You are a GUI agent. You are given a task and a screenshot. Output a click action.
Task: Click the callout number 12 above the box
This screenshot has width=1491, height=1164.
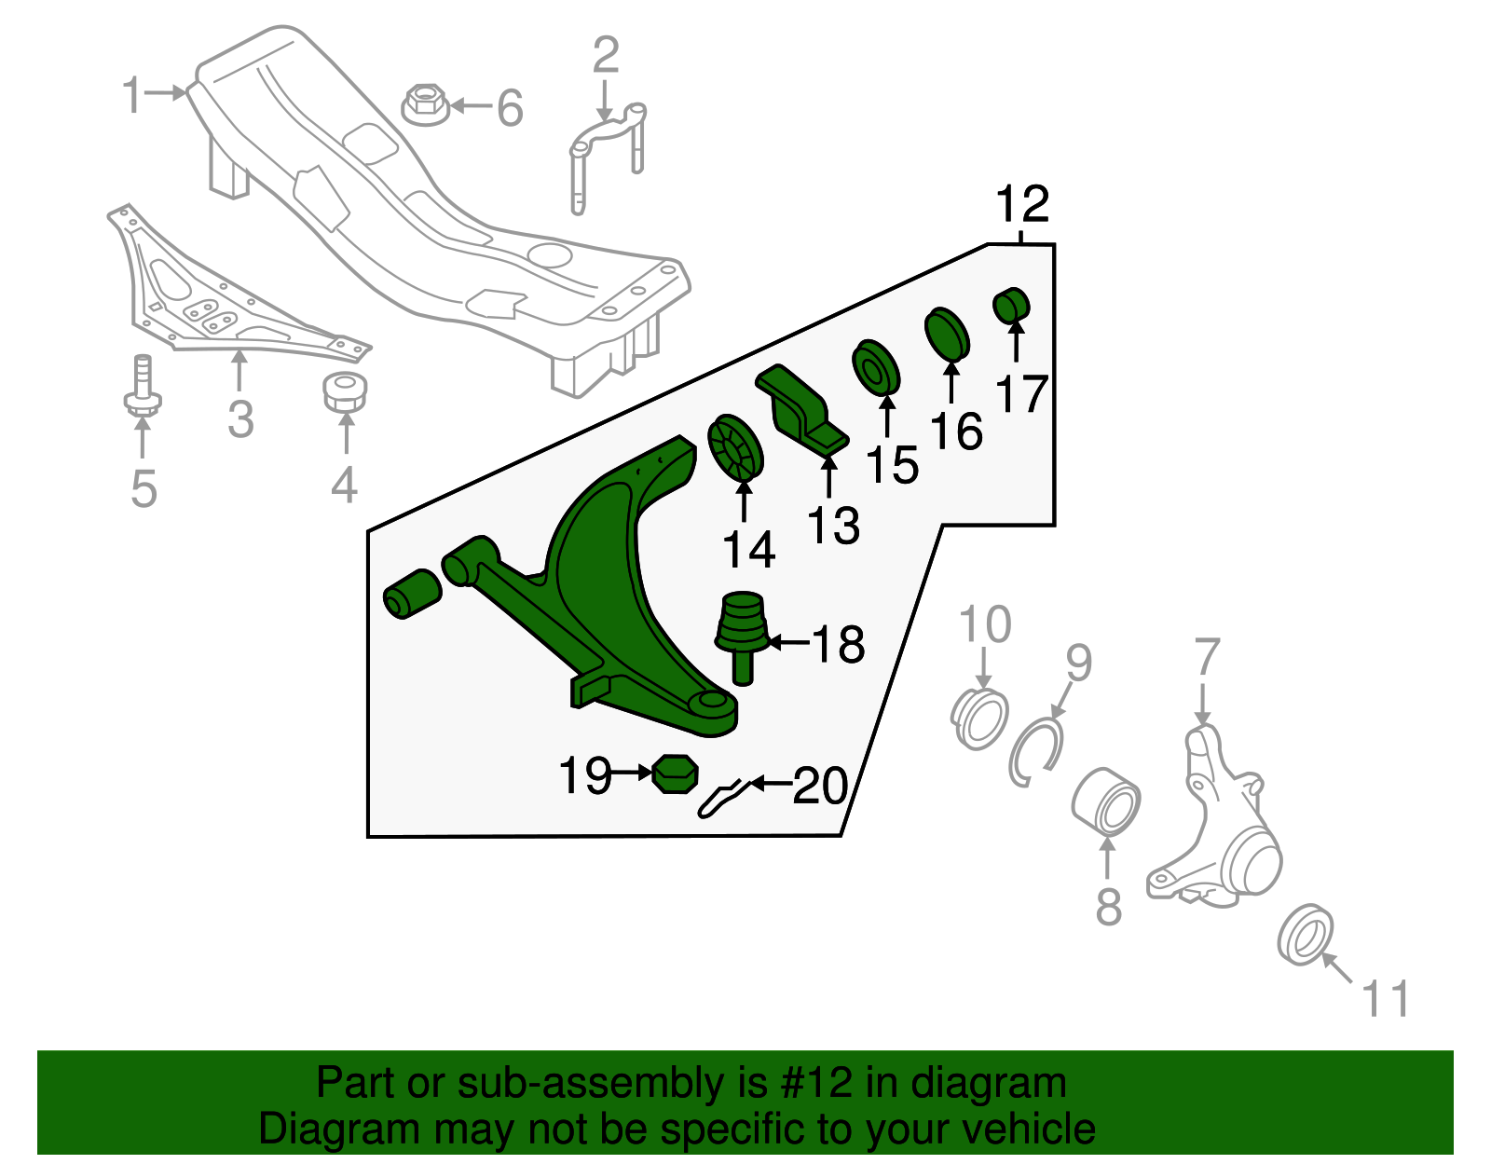1022,204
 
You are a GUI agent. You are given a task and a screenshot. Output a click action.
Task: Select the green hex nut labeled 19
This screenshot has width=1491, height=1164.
675,774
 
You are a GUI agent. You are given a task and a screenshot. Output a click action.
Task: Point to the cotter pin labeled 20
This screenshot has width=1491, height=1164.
722,798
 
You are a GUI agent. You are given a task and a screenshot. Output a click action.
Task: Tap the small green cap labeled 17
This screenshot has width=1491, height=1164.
1010,306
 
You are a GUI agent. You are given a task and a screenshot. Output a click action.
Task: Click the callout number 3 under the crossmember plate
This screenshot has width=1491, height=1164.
240,419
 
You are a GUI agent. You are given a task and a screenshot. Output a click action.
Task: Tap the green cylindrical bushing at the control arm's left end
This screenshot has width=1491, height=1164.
412,593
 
